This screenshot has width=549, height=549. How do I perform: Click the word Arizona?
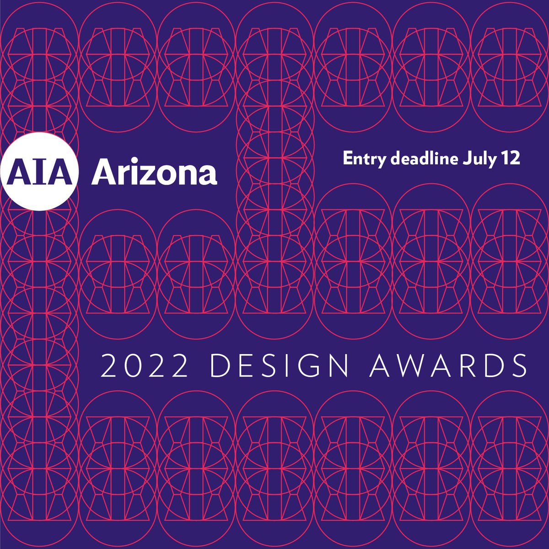154,172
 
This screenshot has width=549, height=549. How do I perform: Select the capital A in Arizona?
103,172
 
